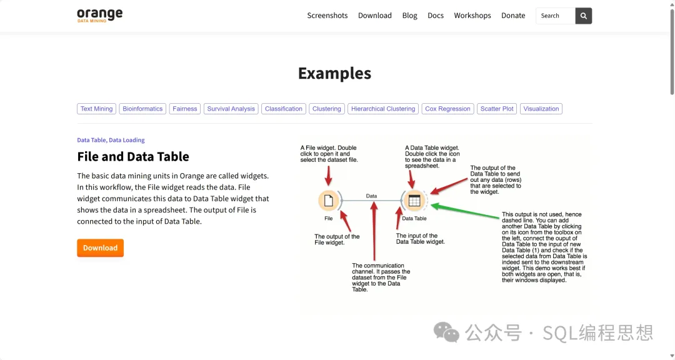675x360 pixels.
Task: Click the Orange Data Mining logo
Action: (x=100, y=15)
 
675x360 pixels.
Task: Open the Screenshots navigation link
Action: (x=327, y=16)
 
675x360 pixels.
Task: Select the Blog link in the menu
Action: (x=409, y=16)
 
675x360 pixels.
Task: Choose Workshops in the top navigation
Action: (x=472, y=16)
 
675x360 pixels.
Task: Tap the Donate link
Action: (x=513, y=16)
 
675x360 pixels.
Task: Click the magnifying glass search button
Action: (x=583, y=16)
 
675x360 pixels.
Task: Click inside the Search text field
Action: (x=556, y=16)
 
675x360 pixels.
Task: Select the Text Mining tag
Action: (x=96, y=109)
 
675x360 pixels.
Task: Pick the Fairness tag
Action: (x=184, y=109)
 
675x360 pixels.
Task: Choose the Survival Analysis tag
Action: (x=231, y=109)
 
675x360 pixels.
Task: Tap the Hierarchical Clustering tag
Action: (x=383, y=109)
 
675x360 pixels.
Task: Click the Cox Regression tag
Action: (x=447, y=109)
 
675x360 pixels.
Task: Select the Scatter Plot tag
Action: (x=497, y=109)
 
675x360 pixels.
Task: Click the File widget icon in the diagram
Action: (x=329, y=201)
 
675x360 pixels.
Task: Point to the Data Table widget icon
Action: (x=414, y=201)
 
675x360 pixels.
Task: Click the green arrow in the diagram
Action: (x=465, y=212)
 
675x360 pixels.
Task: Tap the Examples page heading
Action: (x=334, y=73)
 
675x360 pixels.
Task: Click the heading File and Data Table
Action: (x=133, y=156)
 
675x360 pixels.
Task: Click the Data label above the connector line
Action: (x=371, y=196)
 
